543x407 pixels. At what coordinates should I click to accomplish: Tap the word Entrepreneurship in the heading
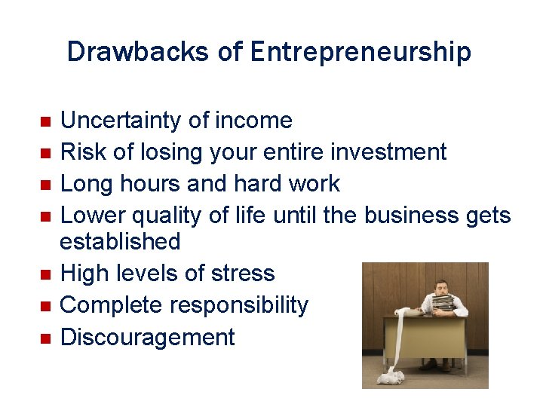click(x=360, y=53)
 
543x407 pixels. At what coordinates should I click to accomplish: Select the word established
click(x=120, y=241)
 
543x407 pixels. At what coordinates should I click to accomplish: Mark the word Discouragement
click(x=147, y=337)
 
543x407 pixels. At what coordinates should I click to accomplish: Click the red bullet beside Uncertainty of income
click(x=44, y=121)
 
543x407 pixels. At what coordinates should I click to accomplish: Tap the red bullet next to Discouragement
click(x=44, y=338)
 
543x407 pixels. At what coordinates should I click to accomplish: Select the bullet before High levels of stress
click(x=44, y=274)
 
